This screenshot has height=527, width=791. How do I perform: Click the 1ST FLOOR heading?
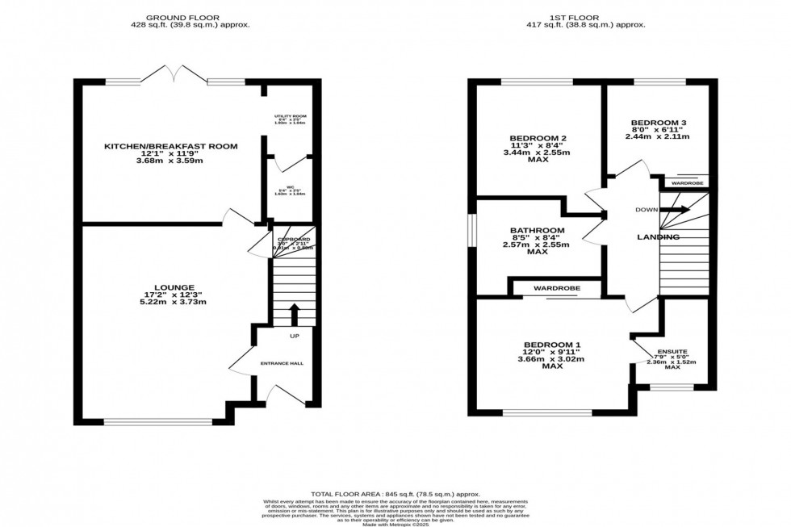(x=592, y=16)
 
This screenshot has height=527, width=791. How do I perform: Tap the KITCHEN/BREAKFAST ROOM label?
(x=170, y=146)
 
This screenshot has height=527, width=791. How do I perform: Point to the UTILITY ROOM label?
(x=290, y=117)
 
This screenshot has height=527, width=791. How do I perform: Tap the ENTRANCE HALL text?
(x=282, y=364)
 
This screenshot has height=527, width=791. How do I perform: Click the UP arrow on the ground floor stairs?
(x=293, y=313)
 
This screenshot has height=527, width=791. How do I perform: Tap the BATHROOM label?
(x=537, y=230)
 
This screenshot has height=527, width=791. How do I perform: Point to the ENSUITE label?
(x=672, y=352)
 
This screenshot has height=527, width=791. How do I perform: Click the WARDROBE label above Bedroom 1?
(x=555, y=288)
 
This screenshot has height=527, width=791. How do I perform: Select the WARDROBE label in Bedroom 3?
(x=687, y=183)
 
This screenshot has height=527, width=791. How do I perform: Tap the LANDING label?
(x=657, y=236)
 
